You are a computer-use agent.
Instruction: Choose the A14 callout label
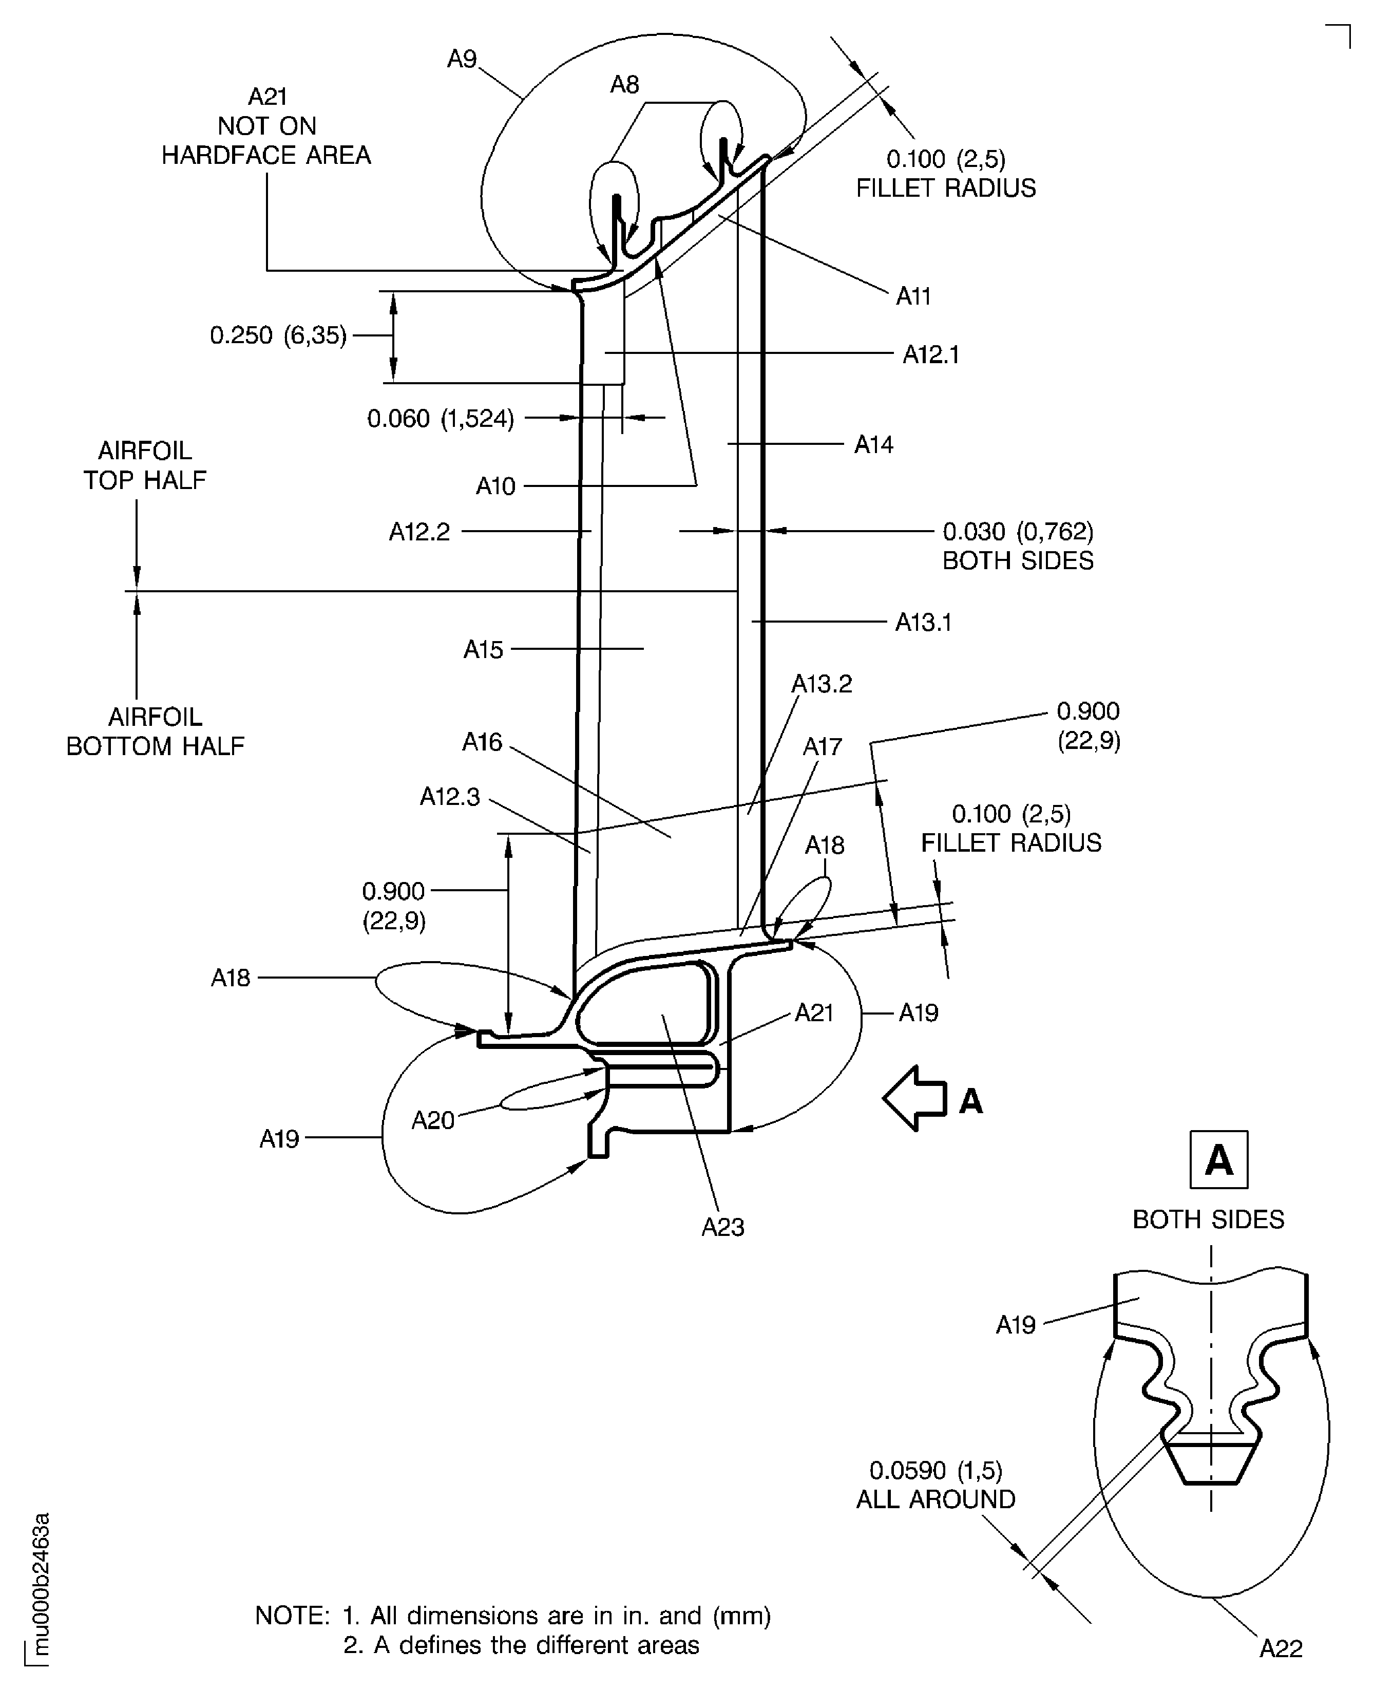click(x=873, y=444)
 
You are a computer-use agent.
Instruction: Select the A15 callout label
click(x=483, y=649)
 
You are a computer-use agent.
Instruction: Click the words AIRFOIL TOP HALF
click(x=145, y=465)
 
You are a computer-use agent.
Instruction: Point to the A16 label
click(x=482, y=742)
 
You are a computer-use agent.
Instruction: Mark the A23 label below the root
click(x=722, y=1227)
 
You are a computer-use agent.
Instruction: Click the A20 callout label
click(x=432, y=1120)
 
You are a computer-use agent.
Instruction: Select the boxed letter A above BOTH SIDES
click(x=1218, y=1160)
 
